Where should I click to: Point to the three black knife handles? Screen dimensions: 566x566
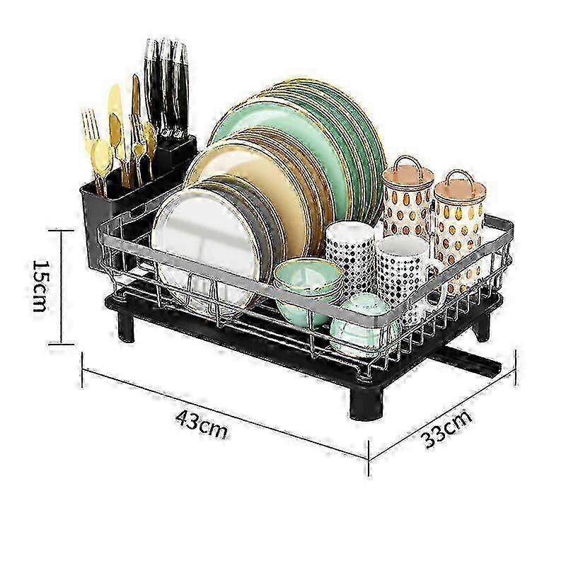tap(167, 85)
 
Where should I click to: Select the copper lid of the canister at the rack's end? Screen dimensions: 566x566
tap(460, 184)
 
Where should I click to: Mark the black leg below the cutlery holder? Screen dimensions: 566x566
tap(126, 327)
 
